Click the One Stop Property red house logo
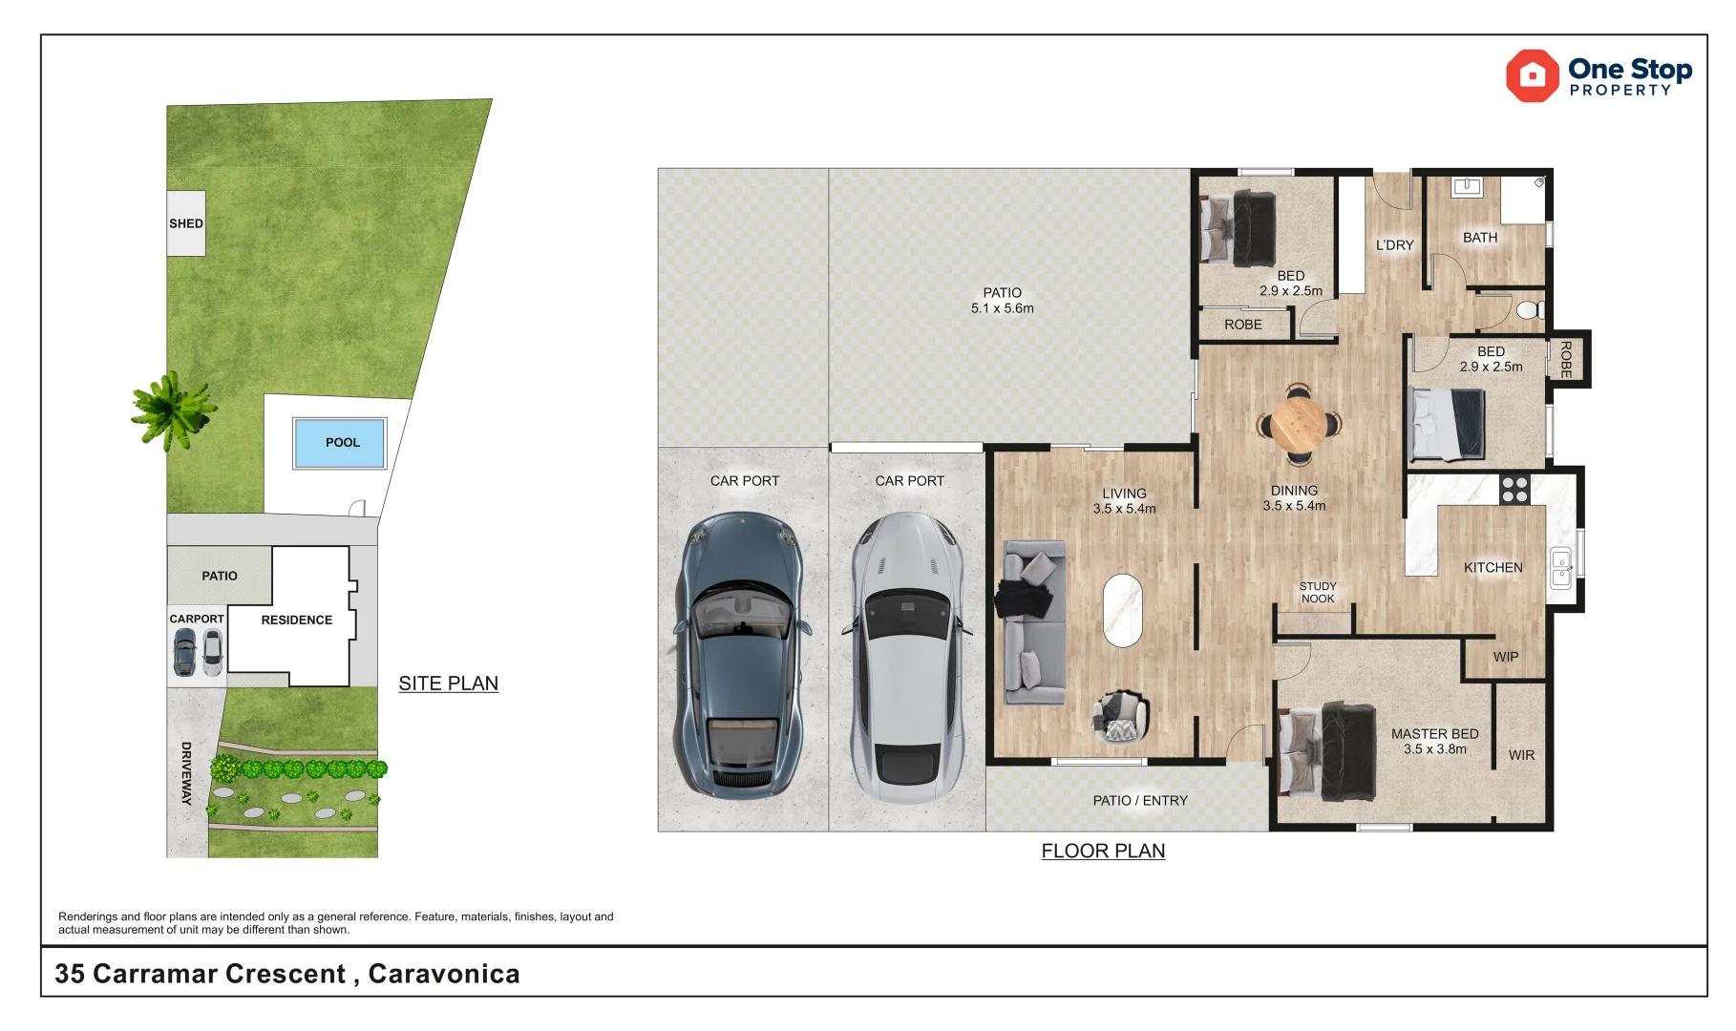pos(1532,75)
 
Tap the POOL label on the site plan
pos(342,443)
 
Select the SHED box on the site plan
pos(186,223)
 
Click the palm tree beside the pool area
pos(173,410)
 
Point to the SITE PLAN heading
pos(448,684)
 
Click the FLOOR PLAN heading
pos(1103,851)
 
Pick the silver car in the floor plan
pos(907,657)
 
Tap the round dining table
pos(1298,423)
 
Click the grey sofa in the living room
pos(1033,621)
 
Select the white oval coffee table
pos(1122,610)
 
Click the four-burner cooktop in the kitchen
pos(1514,490)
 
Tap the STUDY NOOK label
pos(1318,593)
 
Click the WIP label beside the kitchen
pos(1506,657)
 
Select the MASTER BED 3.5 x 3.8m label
pos(1434,741)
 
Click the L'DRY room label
pos(1394,245)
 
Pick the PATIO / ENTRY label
pos(1140,801)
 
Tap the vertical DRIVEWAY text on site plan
pos(186,773)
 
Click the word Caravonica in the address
pos(444,974)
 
